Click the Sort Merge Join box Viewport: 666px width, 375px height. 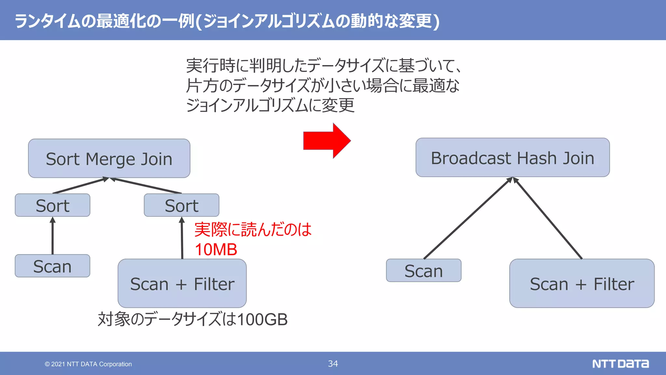pyautogui.click(x=109, y=159)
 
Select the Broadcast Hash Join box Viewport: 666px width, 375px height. pyautogui.click(x=513, y=158)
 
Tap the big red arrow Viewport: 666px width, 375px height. pyautogui.click(x=326, y=141)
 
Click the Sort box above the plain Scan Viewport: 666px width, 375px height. pyautogui.click(x=52, y=205)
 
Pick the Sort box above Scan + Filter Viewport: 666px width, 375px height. pyautogui.click(x=181, y=205)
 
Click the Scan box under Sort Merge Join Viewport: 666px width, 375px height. pyautogui.click(x=52, y=266)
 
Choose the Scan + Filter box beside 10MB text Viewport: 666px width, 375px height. pyautogui.click(x=182, y=284)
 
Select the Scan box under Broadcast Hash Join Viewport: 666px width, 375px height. pyautogui.click(x=423, y=271)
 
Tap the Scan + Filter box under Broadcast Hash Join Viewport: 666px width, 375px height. pyautogui.click(x=582, y=284)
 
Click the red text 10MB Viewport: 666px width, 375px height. pyautogui.click(x=216, y=250)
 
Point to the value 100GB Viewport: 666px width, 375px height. pyautogui.click(x=262, y=319)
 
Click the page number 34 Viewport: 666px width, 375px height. pyautogui.click(x=333, y=364)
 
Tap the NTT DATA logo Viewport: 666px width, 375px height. pyautogui.click(x=620, y=364)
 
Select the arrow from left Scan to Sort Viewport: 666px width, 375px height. pyautogui.click(x=53, y=236)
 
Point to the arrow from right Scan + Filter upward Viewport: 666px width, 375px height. pyautogui.click(x=548, y=218)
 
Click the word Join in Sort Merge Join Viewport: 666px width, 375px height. pyautogui.click(x=156, y=159)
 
